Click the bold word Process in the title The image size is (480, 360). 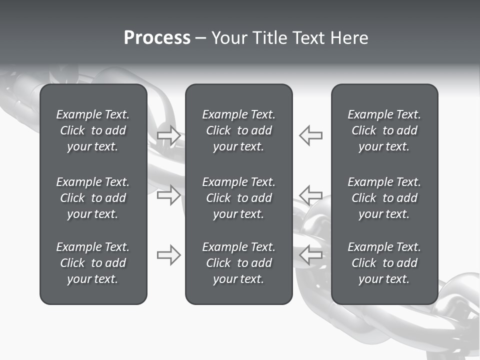[157, 38]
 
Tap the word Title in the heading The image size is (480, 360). [269, 38]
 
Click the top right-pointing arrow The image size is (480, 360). [169, 135]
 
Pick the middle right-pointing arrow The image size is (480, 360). [169, 195]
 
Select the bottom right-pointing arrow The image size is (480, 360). [169, 255]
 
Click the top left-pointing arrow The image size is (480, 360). [311, 135]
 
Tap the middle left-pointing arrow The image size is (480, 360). [311, 195]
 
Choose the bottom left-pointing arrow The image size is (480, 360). [311, 255]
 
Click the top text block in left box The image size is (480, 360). [93, 130]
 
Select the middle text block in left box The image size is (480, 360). [93, 198]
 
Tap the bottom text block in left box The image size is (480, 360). [93, 263]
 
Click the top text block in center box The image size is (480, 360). [239, 130]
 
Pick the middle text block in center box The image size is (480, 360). [239, 198]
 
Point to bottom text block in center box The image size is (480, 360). [239, 263]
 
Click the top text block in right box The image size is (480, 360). [384, 130]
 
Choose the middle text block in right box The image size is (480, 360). [384, 198]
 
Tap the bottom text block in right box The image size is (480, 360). [384, 263]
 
